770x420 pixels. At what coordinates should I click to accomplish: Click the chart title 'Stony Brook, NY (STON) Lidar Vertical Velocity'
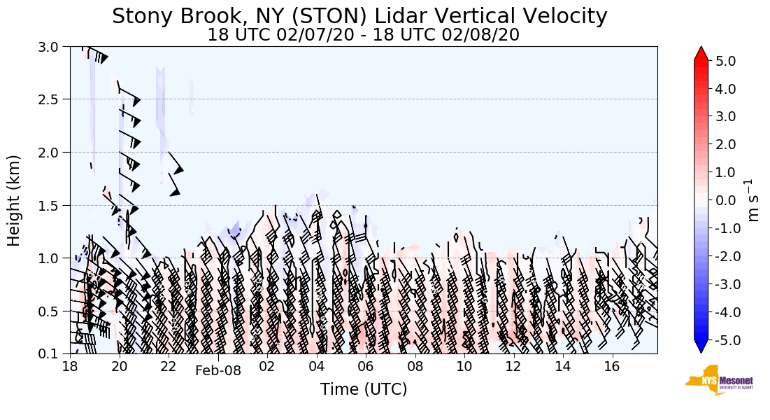click(x=359, y=16)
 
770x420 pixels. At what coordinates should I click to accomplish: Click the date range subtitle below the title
click(x=363, y=35)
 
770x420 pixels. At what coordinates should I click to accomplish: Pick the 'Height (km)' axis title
click(x=14, y=200)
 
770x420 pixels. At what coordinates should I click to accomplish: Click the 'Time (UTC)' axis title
click(x=363, y=389)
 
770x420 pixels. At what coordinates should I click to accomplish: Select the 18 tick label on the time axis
click(x=70, y=366)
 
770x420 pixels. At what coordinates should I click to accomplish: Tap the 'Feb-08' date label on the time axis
click(x=218, y=371)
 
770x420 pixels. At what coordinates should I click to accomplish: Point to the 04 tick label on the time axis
click(x=317, y=366)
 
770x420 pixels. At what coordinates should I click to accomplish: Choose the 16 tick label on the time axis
click(x=612, y=366)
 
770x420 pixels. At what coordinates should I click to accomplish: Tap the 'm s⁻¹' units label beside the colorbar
click(x=754, y=200)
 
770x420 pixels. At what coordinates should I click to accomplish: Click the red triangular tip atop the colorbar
click(x=701, y=54)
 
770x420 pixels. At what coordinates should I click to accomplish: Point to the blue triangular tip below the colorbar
click(x=701, y=346)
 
